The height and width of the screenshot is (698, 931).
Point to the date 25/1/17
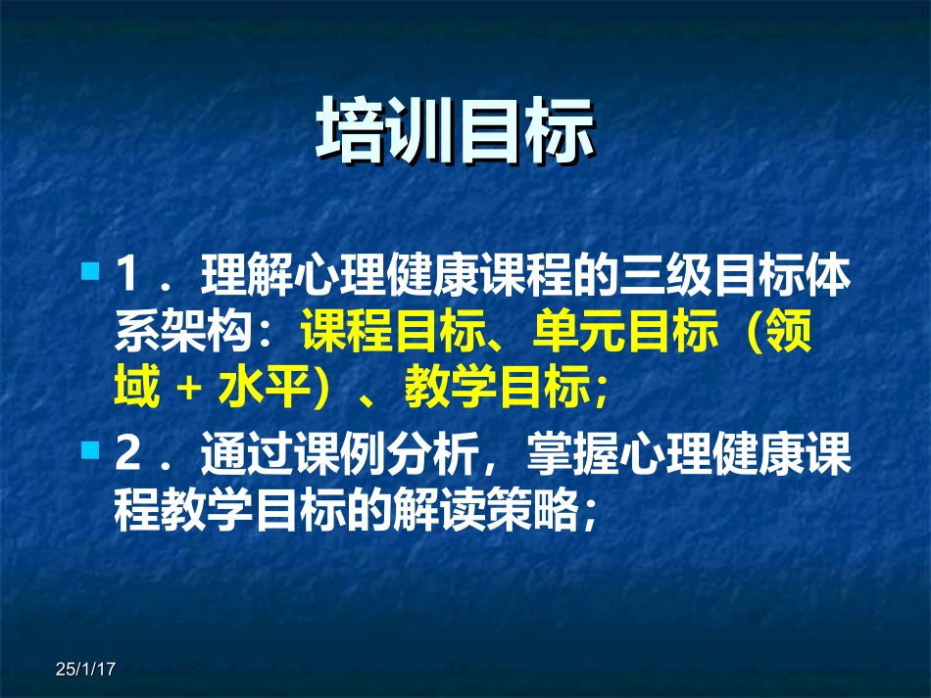[86, 670]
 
